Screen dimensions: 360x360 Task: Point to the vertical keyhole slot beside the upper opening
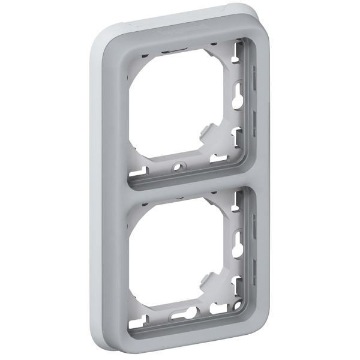click(x=238, y=100)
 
